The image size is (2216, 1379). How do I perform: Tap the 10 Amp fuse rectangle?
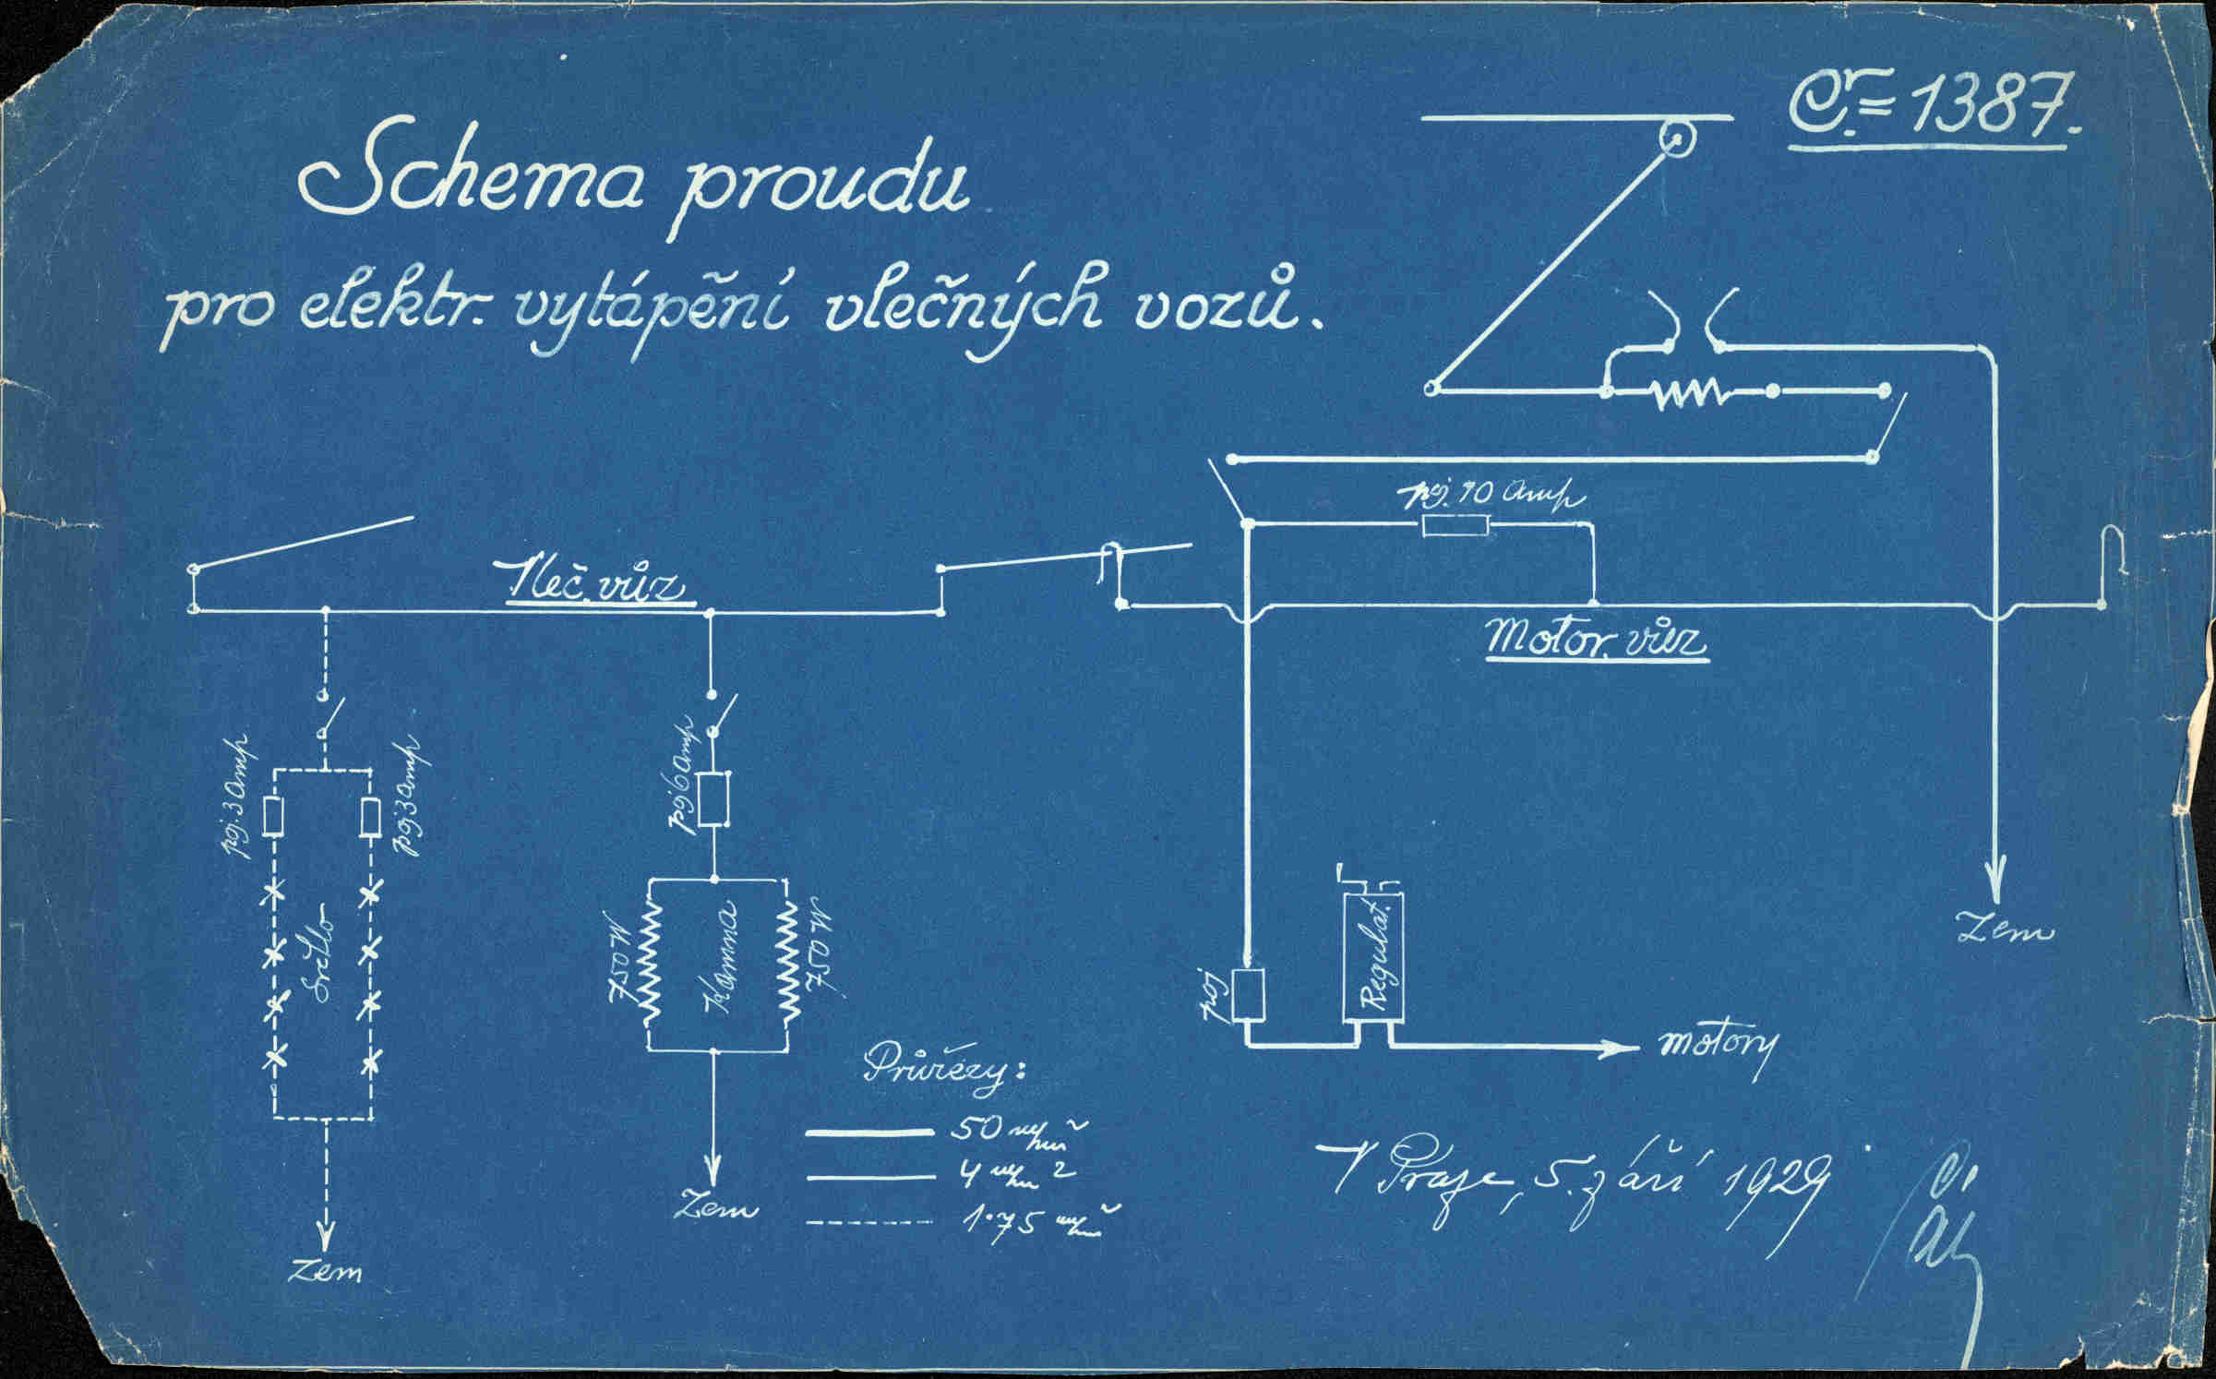pos(1455,526)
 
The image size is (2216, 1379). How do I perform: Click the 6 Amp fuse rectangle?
pos(713,799)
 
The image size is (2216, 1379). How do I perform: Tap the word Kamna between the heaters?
pos(720,960)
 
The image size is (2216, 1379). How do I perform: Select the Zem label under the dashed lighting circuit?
pos(325,1272)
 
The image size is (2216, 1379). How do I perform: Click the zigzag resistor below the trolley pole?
pos(1690,392)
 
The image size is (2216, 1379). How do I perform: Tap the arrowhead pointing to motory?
pos(1611,1049)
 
